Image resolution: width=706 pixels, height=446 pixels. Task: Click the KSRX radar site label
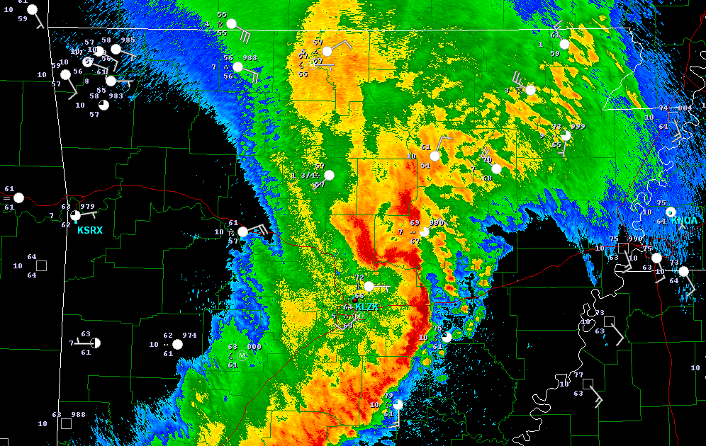coord(90,230)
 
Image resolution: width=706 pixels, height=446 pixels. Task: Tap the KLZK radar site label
coord(367,307)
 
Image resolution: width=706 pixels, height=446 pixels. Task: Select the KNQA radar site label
coord(684,220)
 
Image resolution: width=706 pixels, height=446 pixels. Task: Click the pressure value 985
coord(128,40)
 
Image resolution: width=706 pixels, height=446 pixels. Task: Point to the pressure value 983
coord(116,96)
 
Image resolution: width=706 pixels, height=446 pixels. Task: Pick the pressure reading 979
coord(87,207)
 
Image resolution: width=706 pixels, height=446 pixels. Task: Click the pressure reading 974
coord(189,336)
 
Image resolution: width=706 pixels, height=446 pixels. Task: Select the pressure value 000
coord(254,347)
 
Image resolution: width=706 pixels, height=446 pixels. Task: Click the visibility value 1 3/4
coord(304,175)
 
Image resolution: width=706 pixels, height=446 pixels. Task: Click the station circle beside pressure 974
coord(177,344)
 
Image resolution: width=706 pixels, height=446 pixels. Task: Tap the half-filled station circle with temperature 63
coord(96,343)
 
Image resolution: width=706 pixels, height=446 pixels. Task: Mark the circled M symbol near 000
coord(242,355)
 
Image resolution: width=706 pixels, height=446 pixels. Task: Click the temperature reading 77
coord(578,375)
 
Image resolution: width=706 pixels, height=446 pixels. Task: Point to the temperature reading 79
coord(388,396)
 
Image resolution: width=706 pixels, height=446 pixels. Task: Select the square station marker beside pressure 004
coord(673,118)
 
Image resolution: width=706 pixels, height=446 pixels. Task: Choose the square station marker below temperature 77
coord(588,384)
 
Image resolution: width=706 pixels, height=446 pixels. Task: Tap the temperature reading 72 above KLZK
coord(359,278)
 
